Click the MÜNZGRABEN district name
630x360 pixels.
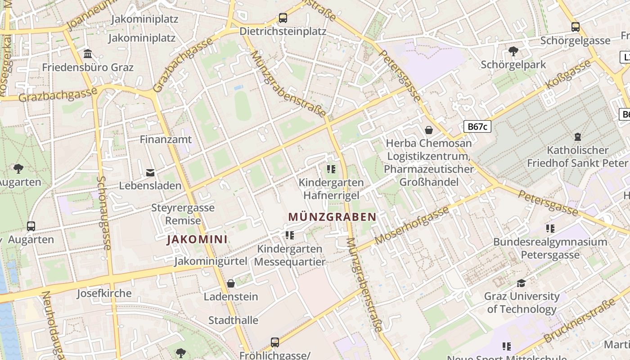pos(332,217)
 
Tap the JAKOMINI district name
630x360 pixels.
pos(197,239)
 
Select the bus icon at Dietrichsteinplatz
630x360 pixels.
pos(283,18)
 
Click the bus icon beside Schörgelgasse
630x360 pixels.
pos(576,27)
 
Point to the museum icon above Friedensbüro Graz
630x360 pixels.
pos(88,54)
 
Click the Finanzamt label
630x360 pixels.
pos(166,139)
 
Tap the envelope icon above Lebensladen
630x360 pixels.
pos(150,172)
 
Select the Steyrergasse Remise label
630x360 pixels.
pos(183,214)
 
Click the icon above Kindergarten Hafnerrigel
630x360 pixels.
pos(331,169)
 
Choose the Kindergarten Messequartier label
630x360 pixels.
pos(289,255)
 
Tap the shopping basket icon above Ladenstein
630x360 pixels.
pos(231,283)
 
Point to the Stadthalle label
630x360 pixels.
pos(233,320)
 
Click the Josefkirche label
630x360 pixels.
pos(104,293)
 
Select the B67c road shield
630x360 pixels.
pos(477,126)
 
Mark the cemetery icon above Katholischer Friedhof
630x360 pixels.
pos(578,136)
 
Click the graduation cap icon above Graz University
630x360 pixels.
pos(521,283)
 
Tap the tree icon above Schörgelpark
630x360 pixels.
pos(513,51)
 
